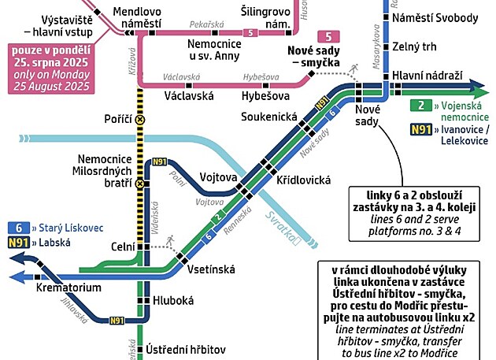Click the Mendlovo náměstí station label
point(138,18)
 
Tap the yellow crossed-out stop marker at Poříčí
point(141,120)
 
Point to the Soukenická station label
point(269,117)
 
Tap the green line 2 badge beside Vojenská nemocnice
point(422,105)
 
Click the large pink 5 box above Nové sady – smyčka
point(328,36)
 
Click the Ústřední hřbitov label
point(186,349)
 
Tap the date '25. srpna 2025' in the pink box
point(54,62)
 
